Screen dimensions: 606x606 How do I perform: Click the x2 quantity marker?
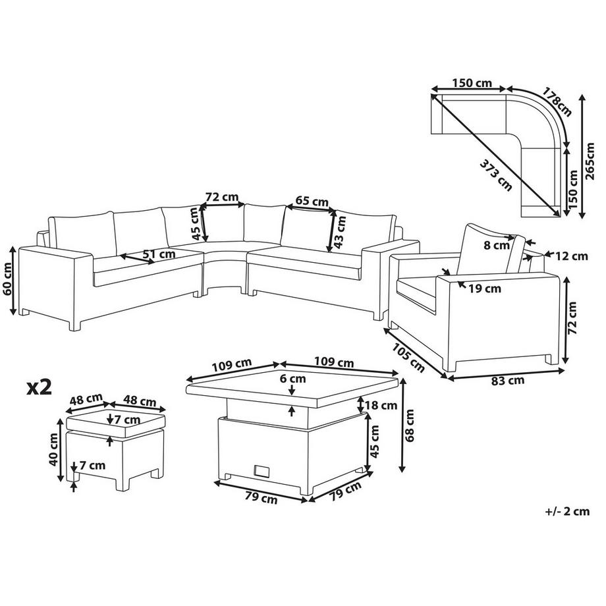click(x=39, y=387)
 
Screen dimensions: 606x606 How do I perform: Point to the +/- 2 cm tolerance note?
click(x=567, y=510)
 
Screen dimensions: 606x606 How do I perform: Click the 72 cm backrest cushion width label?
click(x=221, y=197)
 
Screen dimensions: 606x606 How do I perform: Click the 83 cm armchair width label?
click(x=507, y=380)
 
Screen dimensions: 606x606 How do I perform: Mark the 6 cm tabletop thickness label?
click(x=292, y=379)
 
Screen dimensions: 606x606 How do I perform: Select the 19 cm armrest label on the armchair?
click(x=484, y=288)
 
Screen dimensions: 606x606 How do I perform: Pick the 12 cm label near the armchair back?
click(x=570, y=256)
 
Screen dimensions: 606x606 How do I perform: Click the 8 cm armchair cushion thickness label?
click(x=496, y=246)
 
